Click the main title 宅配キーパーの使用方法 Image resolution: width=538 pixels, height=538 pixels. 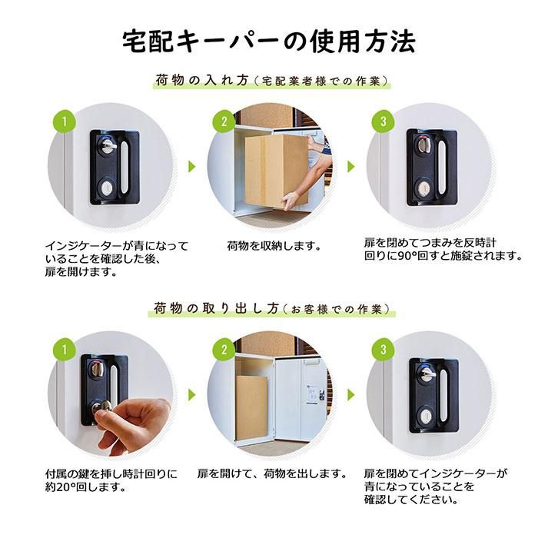point(269,42)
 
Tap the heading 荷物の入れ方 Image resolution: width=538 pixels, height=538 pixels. point(201,80)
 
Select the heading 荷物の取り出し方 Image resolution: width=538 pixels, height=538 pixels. point(216,308)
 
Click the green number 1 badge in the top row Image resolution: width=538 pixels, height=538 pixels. point(64,121)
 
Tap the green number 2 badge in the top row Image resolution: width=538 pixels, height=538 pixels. point(224,121)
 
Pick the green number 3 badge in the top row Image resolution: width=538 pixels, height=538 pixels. point(384,121)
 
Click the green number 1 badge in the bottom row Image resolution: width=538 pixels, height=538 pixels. point(64,350)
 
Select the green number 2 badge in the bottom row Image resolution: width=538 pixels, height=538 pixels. point(224,350)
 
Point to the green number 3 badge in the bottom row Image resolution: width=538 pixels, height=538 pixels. point(384,350)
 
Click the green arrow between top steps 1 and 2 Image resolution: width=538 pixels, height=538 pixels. point(192,167)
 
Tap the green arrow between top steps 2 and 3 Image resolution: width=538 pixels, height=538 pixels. point(351,167)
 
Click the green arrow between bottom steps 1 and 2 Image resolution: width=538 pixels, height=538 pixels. point(192,395)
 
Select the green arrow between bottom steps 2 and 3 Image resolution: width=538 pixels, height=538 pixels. point(351,395)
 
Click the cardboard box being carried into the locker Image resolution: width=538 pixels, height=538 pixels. point(276,171)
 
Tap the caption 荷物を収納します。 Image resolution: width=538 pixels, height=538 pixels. point(274,246)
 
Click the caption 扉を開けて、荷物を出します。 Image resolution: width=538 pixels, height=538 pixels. point(272,474)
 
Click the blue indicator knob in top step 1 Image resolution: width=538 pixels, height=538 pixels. point(108,145)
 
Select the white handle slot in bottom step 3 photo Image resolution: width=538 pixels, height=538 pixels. point(443,395)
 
